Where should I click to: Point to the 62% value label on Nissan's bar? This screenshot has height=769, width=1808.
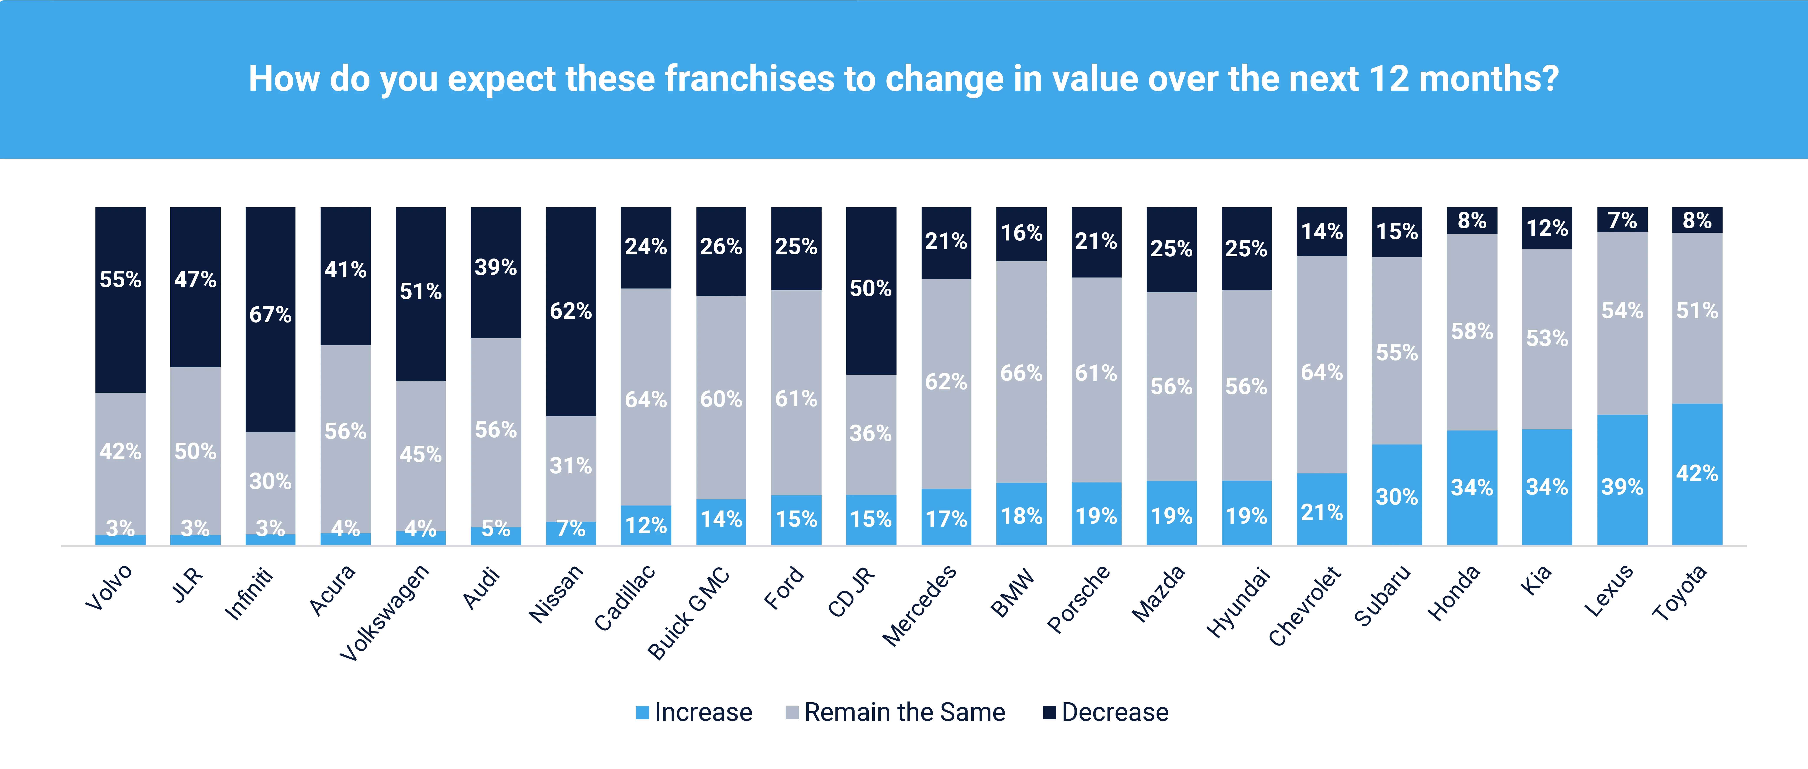pyautogui.click(x=571, y=311)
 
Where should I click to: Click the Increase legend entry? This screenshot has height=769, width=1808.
pyautogui.click(x=693, y=712)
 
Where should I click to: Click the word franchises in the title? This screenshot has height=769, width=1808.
pyautogui.click(x=750, y=79)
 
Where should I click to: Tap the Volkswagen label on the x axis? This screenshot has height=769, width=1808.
pyautogui.click(x=385, y=612)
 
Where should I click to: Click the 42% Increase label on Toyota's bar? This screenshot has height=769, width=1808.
pyautogui.click(x=1697, y=473)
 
